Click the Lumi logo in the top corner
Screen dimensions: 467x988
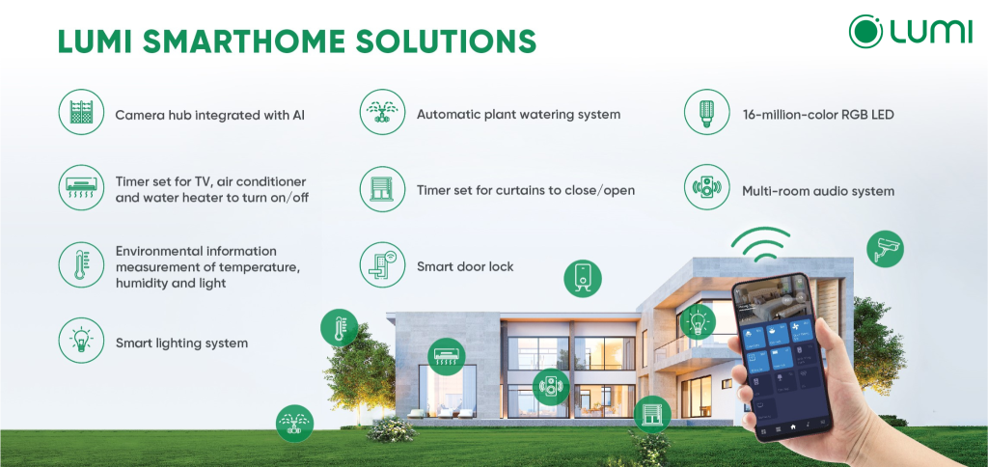[x=910, y=31]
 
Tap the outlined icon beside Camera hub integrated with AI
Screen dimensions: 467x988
[x=80, y=113]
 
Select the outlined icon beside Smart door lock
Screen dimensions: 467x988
[x=382, y=265]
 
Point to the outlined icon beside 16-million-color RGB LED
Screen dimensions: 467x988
[x=706, y=113]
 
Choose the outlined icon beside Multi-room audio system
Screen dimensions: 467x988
[x=706, y=189]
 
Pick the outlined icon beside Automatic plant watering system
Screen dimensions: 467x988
[x=382, y=113]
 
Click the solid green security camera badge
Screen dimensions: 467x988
[x=885, y=249]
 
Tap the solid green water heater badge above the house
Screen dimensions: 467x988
[x=583, y=277]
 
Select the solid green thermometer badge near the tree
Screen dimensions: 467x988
[x=340, y=328]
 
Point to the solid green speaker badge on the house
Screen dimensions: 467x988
[x=552, y=386]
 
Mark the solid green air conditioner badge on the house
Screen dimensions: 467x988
[x=447, y=355]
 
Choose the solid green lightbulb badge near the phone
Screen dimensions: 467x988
[x=698, y=320]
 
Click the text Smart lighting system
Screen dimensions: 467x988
[x=181, y=343]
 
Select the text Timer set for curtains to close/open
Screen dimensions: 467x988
[x=526, y=190]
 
